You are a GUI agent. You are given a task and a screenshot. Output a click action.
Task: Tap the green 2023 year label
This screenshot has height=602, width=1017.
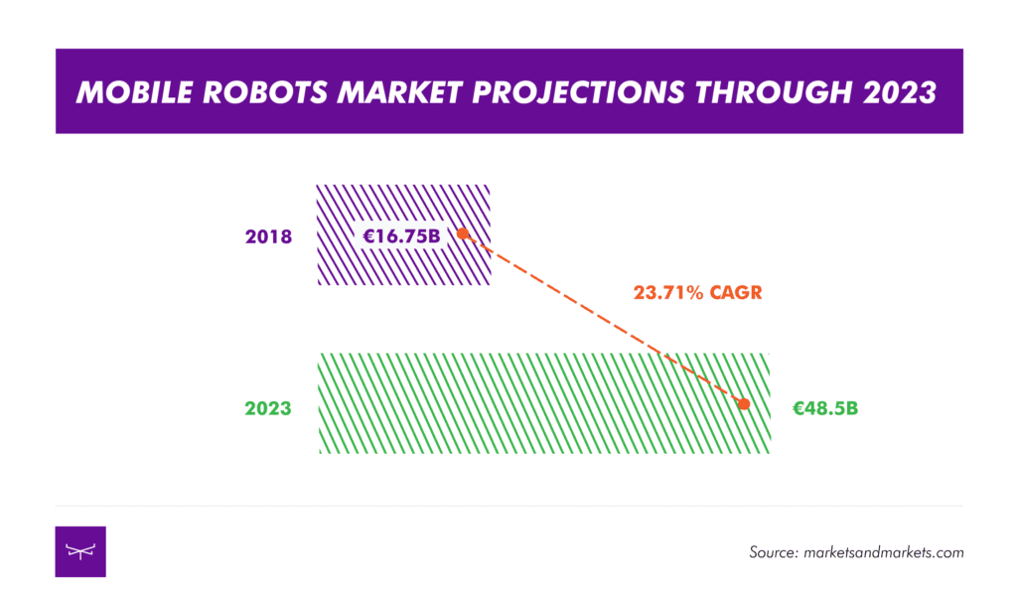[268, 408]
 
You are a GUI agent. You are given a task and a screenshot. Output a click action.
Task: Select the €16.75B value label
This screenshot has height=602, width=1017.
[401, 235]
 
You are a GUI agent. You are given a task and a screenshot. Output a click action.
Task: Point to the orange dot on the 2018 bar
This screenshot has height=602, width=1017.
[462, 233]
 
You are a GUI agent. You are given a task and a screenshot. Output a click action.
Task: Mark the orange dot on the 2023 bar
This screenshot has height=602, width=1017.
[744, 403]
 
